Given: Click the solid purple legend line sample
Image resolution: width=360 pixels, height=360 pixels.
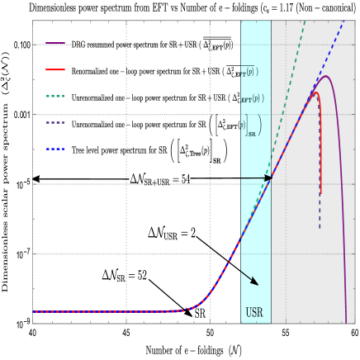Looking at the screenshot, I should click(55, 44).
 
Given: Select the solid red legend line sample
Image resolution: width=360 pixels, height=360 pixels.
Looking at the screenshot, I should click(55, 69).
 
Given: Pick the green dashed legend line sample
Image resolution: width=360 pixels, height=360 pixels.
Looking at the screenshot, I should click(55, 96).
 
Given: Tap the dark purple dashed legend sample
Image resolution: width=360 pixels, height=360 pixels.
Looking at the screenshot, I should click(55, 122).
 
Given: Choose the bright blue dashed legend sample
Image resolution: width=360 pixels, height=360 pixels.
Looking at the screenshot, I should click(55, 149).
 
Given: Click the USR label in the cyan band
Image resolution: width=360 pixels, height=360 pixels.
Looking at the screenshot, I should click(254, 314).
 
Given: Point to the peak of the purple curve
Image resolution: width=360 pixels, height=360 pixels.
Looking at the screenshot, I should click(326, 77).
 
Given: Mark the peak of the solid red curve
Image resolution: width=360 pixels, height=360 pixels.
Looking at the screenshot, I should click(314, 92).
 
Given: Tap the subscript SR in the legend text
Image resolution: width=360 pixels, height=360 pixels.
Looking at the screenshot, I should click(252, 134).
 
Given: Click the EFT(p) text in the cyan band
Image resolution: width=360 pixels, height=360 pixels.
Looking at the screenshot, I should click(249, 99).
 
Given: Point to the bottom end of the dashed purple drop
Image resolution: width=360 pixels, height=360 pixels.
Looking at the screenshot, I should click(320, 227).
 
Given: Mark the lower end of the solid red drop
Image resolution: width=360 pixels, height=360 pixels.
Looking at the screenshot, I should click(320, 194).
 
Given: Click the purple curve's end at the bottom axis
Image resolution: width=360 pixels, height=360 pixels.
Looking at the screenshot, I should click(346, 321).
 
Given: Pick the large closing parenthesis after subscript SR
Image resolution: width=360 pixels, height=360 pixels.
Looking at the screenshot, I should click(259, 126).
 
